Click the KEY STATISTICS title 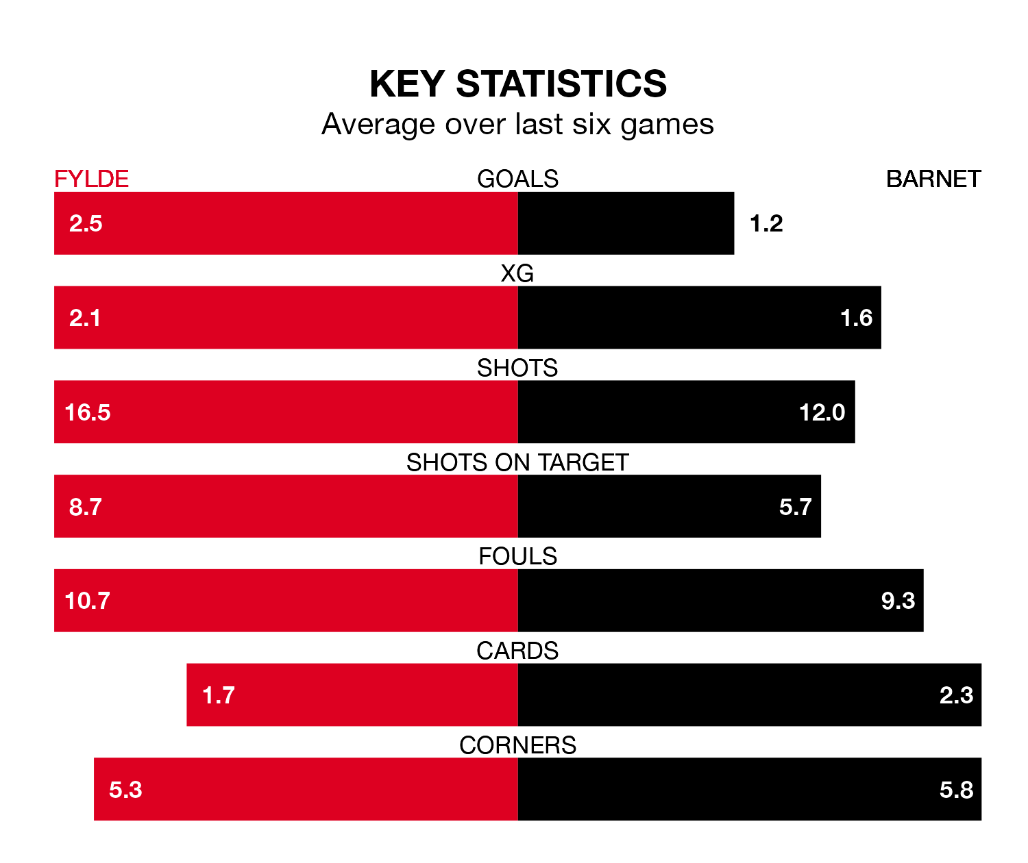(517, 84)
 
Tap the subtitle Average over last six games (517, 125)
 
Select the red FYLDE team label (91, 179)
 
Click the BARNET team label (933, 179)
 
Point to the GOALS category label (517, 179)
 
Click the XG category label (517, 273)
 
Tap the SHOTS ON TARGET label (517, 462)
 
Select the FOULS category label (517, 556)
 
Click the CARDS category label (517, 651)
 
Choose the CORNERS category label (517, 745)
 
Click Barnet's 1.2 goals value (766, 223)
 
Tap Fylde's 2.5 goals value (86, 223)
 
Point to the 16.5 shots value (88, 412)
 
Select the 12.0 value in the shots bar (822, 412)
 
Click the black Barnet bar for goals (626, 223)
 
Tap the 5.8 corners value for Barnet (956, 790)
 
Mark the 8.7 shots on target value (86, 507)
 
